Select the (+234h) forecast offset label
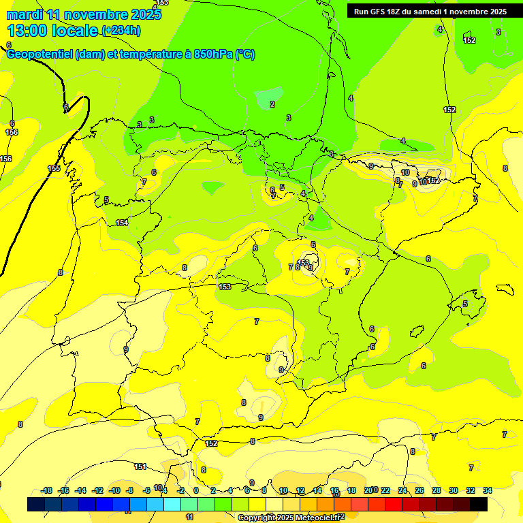(121, 30)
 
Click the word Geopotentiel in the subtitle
(40, 54)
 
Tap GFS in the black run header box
(377, 12)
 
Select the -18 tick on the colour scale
(47, 490)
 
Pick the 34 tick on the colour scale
(488, 490)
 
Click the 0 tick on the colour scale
(196, 490)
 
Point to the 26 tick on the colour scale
(419, 490)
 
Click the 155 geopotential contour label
(54, 168)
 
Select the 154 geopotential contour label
(122, 223)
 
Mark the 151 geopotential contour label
(140, 466)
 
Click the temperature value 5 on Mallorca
(465, 304)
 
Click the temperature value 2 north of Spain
(272, 104)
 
